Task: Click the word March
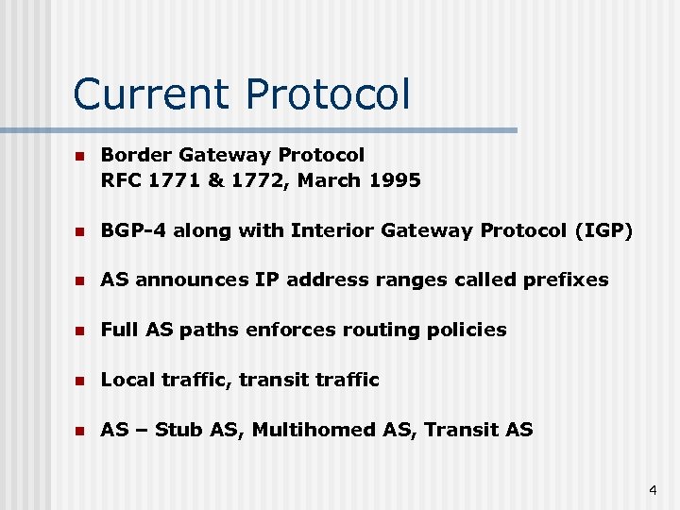point(324,179)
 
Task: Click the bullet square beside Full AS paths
point(80,331)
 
